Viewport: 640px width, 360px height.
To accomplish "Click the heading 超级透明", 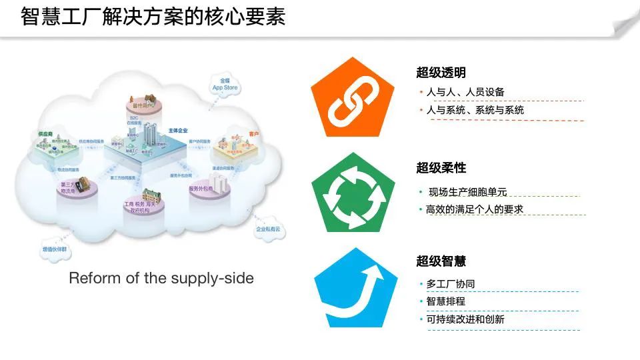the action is point(441,73).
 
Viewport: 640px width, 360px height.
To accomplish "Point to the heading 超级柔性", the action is point(441,167).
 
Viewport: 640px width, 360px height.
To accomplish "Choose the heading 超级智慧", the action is point(441,261).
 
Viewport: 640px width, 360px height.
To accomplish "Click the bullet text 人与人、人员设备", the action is point(465,92).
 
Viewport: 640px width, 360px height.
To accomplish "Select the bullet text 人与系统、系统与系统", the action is point(475,110).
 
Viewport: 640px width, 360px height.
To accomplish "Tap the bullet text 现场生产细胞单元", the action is point(467,192).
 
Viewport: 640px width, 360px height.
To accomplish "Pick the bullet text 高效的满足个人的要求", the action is point(475,209).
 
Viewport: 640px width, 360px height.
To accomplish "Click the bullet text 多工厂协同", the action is point(451,284).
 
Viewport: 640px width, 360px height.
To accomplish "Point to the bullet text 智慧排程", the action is point(445,301).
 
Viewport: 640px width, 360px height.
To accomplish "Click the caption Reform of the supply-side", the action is point(161,278).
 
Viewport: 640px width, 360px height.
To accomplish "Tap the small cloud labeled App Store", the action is point(225,85).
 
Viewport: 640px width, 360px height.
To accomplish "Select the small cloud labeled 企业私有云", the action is point(269,229).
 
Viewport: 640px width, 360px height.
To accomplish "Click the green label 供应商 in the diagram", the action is point(46,133).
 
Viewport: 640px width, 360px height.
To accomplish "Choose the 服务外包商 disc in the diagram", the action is point(201,189).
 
